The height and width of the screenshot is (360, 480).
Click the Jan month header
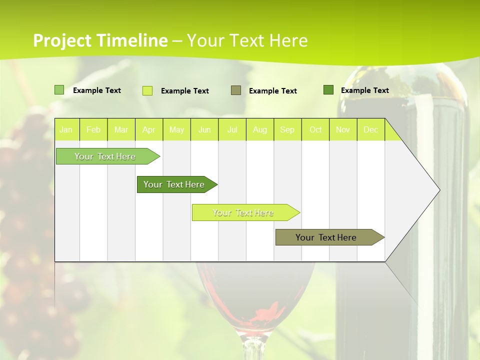tap(66, 129)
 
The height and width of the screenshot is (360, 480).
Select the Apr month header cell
tap(148, 129)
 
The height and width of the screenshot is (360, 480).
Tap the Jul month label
tap(232, 129)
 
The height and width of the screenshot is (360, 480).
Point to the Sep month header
tap(287, 129)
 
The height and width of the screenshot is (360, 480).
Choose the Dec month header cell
tap(370, 129)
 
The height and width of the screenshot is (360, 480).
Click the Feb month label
tap(93, 129)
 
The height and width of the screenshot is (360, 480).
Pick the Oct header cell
tap(315, 129)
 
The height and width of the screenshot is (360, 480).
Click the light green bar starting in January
tap(105, 156)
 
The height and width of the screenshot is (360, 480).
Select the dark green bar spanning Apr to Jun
tap(174, 184)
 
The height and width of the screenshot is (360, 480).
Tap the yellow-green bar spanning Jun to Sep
tap(243, 212)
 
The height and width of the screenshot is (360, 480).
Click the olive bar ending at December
tap(326, 237)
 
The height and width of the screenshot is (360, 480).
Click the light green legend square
tap(59, 90)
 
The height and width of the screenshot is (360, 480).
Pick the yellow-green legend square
tap(147, 90)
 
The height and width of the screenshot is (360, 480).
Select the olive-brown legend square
tap(236, 90)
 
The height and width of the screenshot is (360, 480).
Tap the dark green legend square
tap(328, 90)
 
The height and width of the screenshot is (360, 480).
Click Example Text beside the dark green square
tap(364, 90)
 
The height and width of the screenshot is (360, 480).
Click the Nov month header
tap(343, 129)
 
